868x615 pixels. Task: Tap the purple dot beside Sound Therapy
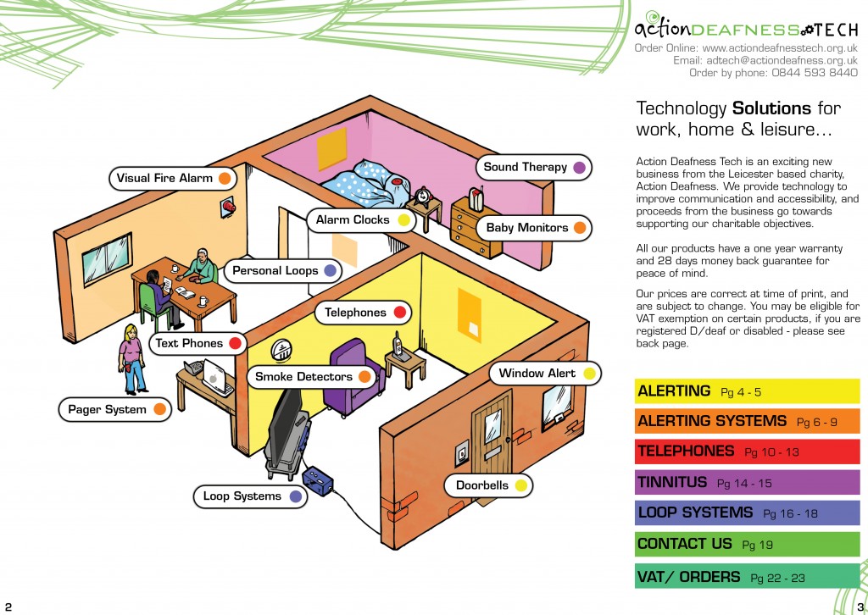click(x=580, y=167)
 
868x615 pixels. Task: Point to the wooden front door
click(x=492, y=440)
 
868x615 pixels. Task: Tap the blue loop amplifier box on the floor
click(x=320, y=483)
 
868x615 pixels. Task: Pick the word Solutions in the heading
click(x=772, y=108)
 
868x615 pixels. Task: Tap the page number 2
click(x=8, y=606)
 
